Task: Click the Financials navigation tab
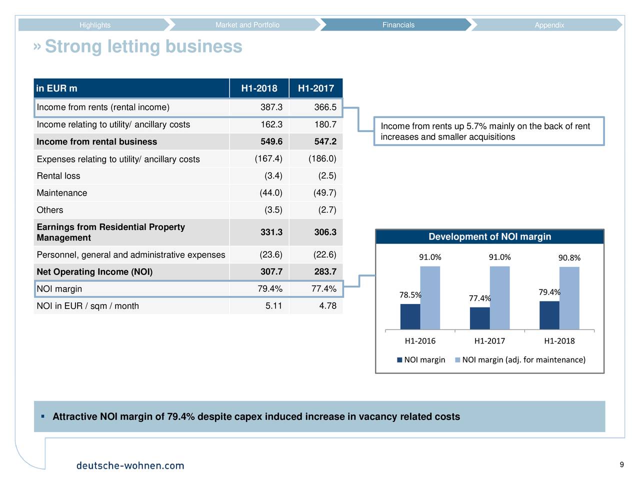398,25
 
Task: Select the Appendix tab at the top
549,25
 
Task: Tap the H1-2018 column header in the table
259,88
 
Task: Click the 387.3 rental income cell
271,107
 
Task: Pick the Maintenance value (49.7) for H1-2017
324,192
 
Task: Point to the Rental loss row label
58,175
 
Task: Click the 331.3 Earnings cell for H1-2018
271,232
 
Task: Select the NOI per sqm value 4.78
327,305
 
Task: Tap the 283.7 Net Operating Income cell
325,271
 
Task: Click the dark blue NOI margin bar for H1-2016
410,316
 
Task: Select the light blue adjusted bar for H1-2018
569,298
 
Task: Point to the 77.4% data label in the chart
479,298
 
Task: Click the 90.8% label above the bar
569,257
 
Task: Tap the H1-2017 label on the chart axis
489,340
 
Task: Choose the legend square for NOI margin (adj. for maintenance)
457,360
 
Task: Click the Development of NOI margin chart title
489,236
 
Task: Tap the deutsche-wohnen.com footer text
130,465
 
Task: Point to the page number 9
621,464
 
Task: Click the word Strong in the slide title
73,46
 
